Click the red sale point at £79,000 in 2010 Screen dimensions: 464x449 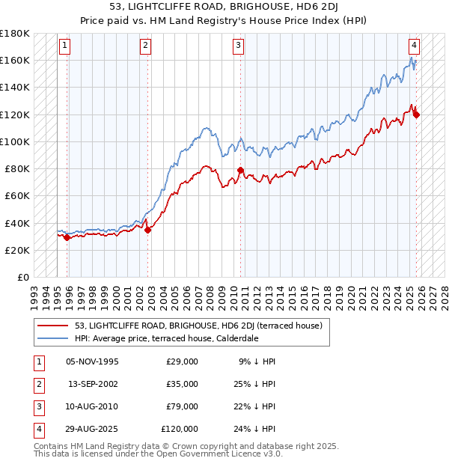pyautogui.click(x=240, y=170)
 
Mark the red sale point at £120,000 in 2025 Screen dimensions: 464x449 pyautogui.click(x=416, y=115)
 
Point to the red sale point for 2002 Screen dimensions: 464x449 pyautogui.click(x=147, y=230)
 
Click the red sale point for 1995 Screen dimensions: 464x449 pyautogui.click(x=67, y=238)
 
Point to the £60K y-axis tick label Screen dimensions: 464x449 pyautogui.click(x=16, y=195)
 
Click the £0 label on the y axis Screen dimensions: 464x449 pyautogui.click(x=22, y=277)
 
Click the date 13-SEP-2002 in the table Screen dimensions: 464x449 pyautogui.click(x=94, y=384)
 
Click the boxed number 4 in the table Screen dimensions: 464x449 pyautogui.click(x=37, y=429)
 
